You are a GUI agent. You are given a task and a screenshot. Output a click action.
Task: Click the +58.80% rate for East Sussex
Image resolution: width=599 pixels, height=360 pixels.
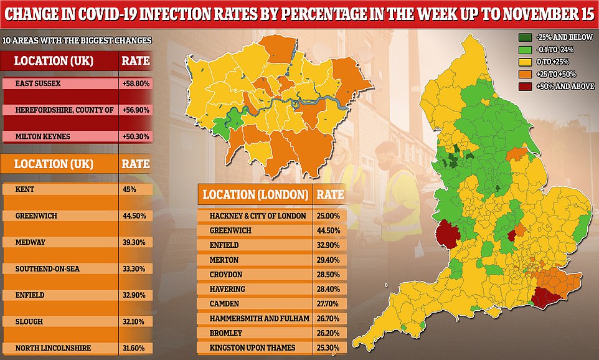click(134, 83)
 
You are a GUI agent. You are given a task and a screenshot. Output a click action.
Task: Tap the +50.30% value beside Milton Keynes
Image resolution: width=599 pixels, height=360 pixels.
click(134, 136)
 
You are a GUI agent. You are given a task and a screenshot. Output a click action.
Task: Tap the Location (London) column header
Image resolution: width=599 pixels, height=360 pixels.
click(254, 194)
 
